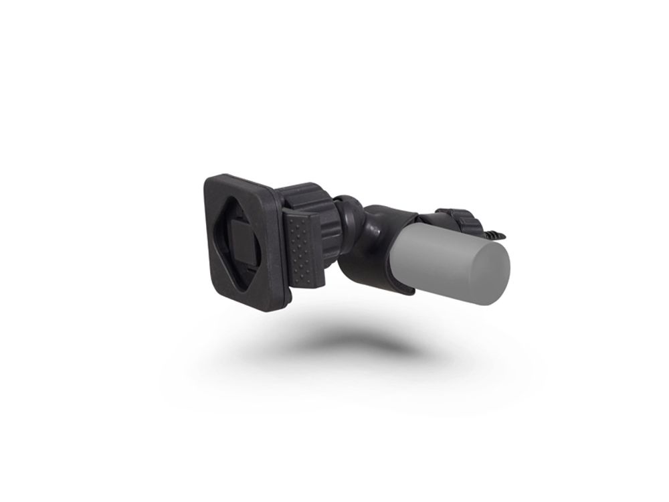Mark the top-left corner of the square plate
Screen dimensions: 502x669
pos(206,179)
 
